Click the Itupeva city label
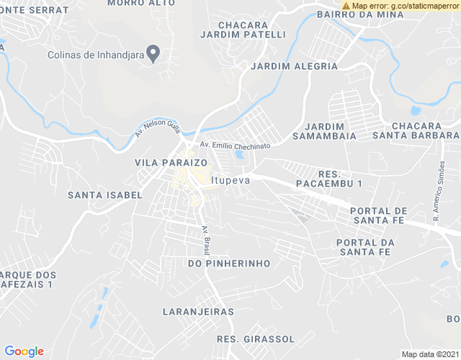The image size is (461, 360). pyautogui.click(x=230, y=180)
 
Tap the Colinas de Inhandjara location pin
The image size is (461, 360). pyautogui.click(x=153, y=53)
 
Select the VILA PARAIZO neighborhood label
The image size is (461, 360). pyautogui.click(x=171, y=163)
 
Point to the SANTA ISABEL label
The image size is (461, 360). pyautogui.click(x=100, y=195)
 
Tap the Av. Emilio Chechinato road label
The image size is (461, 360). pyautogui.click(x=235, y=145)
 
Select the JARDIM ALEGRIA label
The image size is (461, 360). pyautogui.click(x=294, y=66)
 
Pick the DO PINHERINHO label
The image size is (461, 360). pyautogui.click(x=229, y=264)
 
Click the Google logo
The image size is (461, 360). pyautogui.click(x=24, y=351)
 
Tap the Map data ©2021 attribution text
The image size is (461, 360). pyautogui.click(x=430, y=354)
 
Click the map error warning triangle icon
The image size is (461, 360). pyautogui.click(x=346, y=6)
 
